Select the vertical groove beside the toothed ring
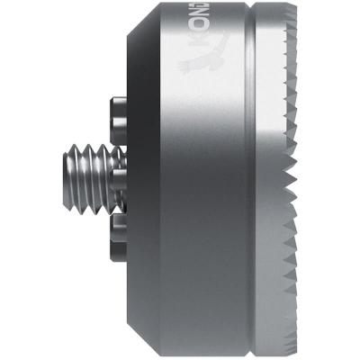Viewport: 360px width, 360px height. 251,180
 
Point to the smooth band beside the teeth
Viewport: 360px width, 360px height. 274,180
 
